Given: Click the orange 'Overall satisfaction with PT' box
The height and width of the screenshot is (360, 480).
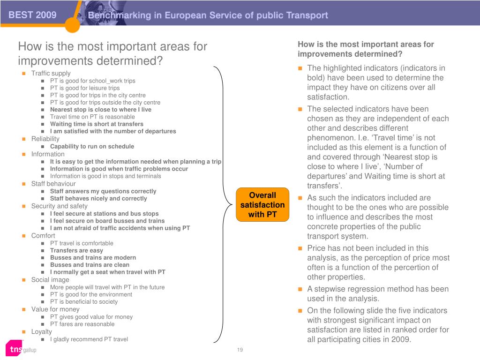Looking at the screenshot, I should tap(262, 205).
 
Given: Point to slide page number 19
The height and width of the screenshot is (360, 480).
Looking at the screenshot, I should tap(240, 350).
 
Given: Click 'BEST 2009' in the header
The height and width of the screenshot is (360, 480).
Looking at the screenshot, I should tap(32, 15).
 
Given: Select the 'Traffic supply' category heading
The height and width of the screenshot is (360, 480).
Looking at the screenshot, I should tap(51, 73).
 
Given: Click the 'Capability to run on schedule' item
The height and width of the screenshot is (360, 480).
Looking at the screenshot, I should tap(92, 146).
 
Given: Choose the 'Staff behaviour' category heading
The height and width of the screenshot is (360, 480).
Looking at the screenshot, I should tap(53, 184).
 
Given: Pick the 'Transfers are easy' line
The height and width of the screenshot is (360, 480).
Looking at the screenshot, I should tap(76, 250).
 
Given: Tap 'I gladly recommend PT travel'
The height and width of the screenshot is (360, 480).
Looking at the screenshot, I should tap(89, 339).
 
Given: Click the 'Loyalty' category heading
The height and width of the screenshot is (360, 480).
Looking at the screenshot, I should tap(42, 331).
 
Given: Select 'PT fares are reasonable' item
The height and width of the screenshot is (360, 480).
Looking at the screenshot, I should tap(82, 324).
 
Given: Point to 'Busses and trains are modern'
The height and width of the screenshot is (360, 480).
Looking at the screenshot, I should tap(93, 257).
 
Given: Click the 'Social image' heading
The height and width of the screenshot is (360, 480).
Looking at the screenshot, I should tap(50, 279).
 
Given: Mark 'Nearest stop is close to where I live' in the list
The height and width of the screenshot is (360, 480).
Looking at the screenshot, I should tap(101, 110).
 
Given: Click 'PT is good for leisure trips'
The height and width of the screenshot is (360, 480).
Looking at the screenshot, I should tap(85, 88).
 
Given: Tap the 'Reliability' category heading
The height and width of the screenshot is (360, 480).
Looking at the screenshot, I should tap(45, 139).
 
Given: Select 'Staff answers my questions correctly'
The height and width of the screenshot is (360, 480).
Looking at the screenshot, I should tap(103, 191).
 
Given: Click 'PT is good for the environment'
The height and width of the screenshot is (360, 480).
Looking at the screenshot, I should tap(91, 294).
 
